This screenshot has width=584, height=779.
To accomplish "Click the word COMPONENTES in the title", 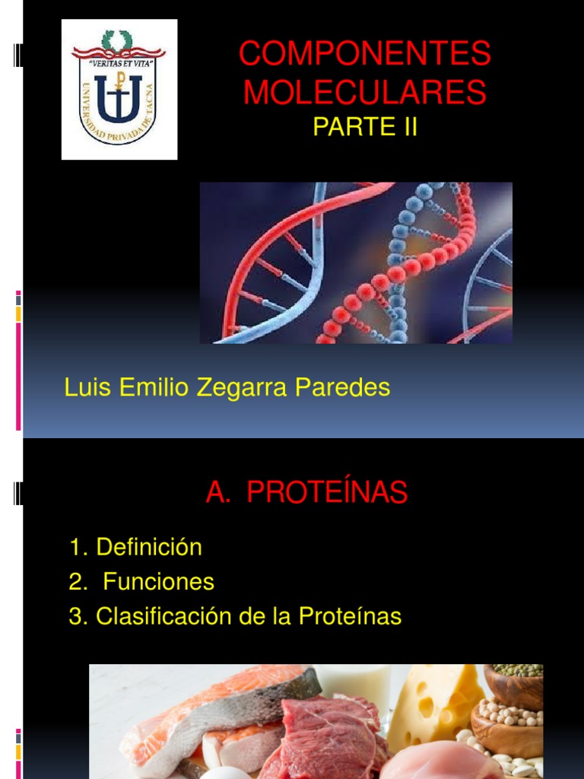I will coord(365,55).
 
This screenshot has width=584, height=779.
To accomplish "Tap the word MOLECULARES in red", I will coord(365,93).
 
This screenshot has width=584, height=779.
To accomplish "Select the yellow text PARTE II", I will coord(365,126).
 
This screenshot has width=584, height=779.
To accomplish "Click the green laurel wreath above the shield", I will coord(118,38).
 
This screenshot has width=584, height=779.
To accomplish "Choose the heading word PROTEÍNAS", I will coord(327,494).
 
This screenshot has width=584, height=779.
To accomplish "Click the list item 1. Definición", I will coord(135,547).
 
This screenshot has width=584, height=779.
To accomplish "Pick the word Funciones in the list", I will coord(158,583).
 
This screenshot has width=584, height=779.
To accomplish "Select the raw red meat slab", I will coord(327,734).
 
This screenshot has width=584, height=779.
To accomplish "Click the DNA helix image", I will coord(356,263).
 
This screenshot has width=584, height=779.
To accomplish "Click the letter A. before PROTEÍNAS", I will coord(217,494).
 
